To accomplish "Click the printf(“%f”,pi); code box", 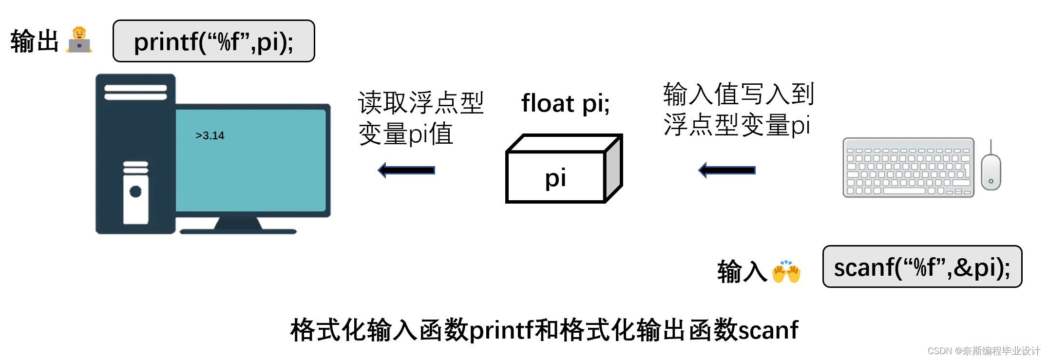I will (213, 41).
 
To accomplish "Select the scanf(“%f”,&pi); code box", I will (922, 267).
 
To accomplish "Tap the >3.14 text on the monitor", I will (210, 135).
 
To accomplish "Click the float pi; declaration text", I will (565, 103).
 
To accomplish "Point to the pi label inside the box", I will (555, 177).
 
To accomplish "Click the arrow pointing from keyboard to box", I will (727, 170).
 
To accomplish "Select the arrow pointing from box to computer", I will (406, 170).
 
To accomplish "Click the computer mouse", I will (991, 171).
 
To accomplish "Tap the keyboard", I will (908, 168).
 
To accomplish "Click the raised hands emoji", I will (786, 271).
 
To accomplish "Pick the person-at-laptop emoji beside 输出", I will (79, 40).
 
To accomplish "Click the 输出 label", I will (34, 41).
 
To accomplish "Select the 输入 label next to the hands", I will (742, 271).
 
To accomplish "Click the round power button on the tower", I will (135, 191).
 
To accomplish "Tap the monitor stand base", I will (238, 230).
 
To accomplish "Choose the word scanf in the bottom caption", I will (768, 330).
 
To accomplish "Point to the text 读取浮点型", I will (421, 103).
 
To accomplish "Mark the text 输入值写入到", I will (739, 94).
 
